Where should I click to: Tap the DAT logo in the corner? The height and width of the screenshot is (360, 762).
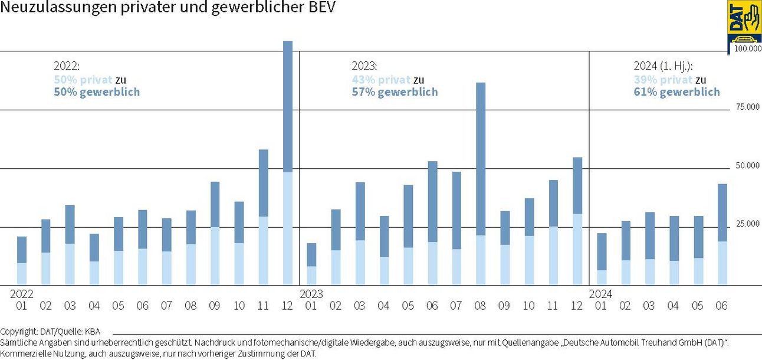pos(744,21)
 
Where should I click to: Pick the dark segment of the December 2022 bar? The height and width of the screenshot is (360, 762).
pos(287,106)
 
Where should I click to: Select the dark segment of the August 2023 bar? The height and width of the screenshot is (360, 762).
pos(481,159)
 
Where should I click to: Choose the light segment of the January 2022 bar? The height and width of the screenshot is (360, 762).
pos(22,274)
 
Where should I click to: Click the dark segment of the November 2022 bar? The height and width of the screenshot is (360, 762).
pos(263,183)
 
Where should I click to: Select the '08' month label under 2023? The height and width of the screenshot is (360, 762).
pos(480,306)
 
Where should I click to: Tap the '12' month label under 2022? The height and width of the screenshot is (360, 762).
pos(287,306)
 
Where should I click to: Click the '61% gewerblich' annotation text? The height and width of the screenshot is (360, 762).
pos(676,92)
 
